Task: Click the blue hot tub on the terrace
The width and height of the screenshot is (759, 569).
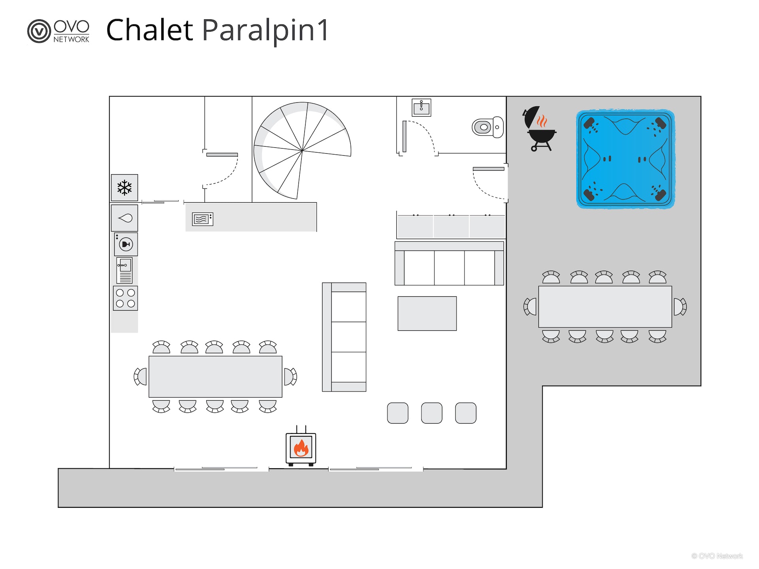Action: pyautogui.click(x=625, y=159)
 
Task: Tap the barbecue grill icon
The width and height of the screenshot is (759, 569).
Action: pyautogui.click(x=540, y=128)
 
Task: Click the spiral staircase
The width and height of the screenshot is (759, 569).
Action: pyautogui.click(x=302, y=150)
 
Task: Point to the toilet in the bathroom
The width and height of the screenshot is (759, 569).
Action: pyautogui.click(x=488, y=127)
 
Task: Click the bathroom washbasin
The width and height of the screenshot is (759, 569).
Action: pyautogui.click(x=421, y=107)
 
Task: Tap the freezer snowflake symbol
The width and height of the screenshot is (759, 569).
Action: pyautogui.click(x=125, y=188)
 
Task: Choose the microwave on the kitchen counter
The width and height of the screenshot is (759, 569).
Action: pyautogui.click(x=202, y=219)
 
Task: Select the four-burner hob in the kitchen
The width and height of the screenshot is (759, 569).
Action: pyautogui.click(x=125, y=298)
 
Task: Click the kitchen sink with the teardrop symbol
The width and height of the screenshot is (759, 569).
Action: pyautogui.click(x=125, y=218)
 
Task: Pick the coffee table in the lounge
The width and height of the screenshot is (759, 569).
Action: pyautogui.click(x=427, y=313)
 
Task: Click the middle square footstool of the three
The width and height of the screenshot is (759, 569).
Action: pyautogui.click(x=432, y=413)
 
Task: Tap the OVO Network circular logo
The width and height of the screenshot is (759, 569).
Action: pyautogui.click(x=39, y=31)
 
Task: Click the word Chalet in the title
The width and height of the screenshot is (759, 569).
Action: pyautogui.click(x=149, y=30)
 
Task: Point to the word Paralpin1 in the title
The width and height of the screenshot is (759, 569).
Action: pyautogui.click(x=265, y=31)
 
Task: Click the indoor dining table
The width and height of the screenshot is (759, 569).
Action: pyautogui.click(x=215, y=377)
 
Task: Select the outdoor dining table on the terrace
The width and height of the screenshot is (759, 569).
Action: pyautogui.click(x=605, y=307)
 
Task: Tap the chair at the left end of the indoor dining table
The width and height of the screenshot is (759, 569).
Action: pyautogui.click(x=140, y=376)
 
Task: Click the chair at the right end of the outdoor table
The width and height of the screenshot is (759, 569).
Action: pyautogui.click(x=680, y=307)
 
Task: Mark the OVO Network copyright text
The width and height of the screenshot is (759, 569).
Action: pyautogui.click(x=717, y=556)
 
